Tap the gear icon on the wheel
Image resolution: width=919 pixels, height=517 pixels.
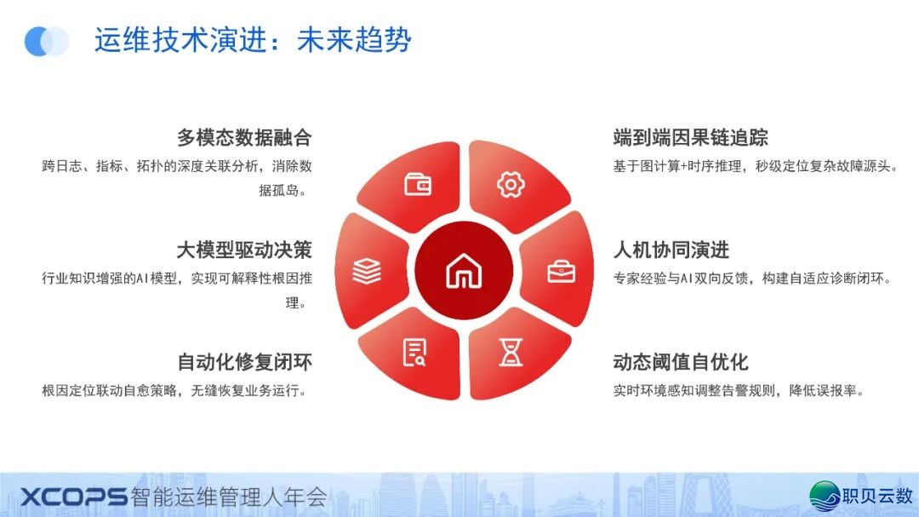511,184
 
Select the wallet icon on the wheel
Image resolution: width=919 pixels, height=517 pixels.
418,184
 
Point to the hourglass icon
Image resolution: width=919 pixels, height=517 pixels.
511,351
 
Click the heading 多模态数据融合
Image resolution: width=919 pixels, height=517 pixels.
244,137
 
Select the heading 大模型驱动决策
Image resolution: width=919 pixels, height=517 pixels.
244,250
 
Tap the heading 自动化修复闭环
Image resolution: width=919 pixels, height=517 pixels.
244,362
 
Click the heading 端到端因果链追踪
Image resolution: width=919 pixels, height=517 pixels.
690,137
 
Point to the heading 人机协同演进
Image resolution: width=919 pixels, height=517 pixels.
671,250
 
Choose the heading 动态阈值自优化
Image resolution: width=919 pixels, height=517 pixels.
680,362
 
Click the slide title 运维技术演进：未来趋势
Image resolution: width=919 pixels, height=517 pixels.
253,40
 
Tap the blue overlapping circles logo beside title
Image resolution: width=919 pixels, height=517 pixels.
47,41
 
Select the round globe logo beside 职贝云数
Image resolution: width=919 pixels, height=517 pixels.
824,496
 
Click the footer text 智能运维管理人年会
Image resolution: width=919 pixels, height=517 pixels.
230,497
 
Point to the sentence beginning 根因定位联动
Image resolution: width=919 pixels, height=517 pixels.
174,391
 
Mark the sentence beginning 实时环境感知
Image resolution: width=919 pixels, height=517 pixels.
739,391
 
